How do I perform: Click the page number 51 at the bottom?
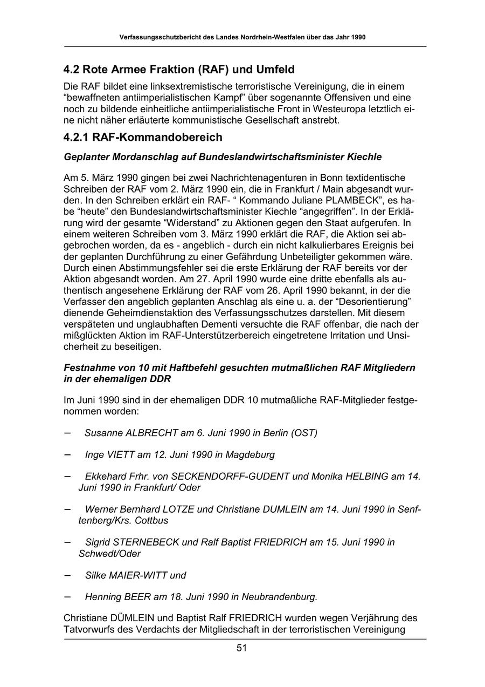coord(241,648)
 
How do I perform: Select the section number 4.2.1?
coord(76,137)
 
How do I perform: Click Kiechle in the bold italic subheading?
coord(362,157)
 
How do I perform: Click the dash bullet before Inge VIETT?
coord(67,454)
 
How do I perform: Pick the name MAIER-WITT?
coord(138,575)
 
